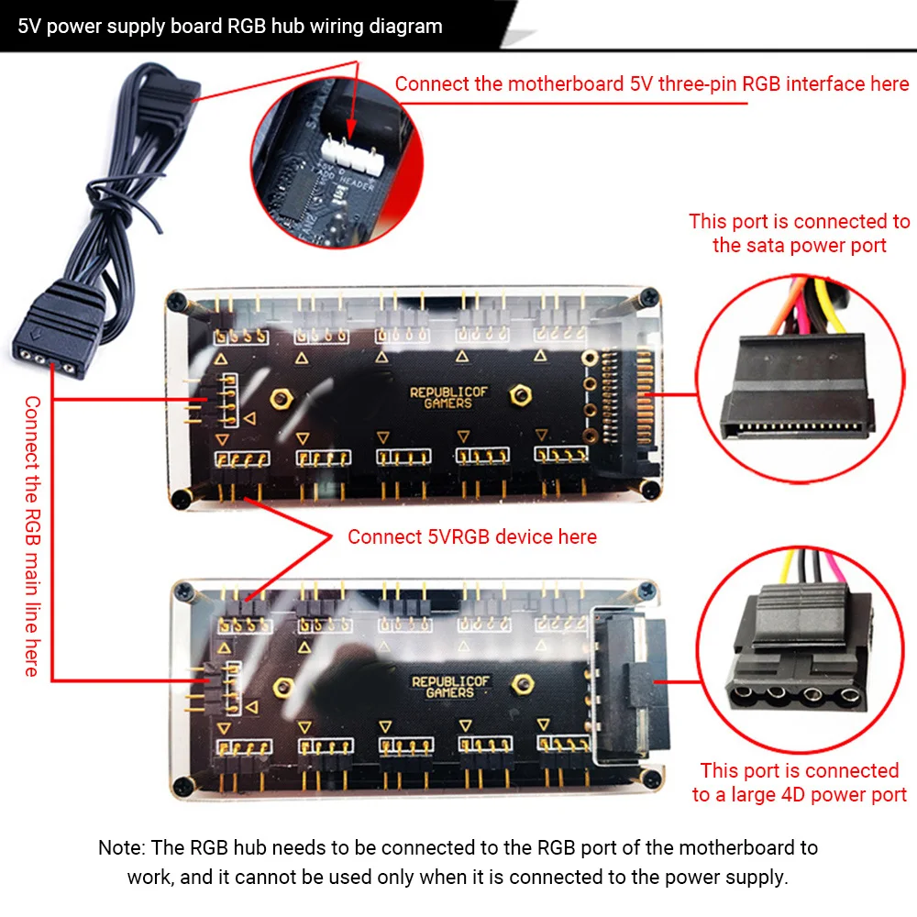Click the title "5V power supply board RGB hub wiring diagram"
230,26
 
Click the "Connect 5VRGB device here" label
471,536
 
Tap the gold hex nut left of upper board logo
280,397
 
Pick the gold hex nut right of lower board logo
525,683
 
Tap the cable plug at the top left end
179,93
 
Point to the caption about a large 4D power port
800,782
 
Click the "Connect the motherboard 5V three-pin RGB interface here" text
652,84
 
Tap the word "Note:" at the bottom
122,848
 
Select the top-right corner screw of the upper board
650,296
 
